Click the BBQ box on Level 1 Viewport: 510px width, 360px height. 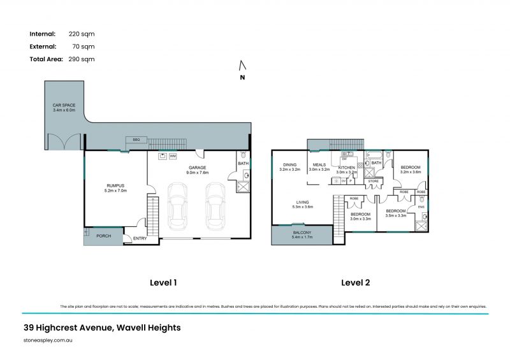click(x=136, y=140)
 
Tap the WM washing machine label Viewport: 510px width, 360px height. click(x=173, y=156)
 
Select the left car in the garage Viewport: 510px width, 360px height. click(x=177, y=206)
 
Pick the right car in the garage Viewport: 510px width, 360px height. click(x=215, y=206)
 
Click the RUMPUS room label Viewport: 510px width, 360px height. click(x=116, y=186)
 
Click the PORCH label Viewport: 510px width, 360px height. click(x=103, y=236)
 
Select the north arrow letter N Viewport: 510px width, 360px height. click(x=242, y=78)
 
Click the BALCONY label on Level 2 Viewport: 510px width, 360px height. click(x=302, y=233)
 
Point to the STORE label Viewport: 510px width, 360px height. click(x=373, y=181)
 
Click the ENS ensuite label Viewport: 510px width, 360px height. click(x=421, y=206)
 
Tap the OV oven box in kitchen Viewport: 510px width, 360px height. click(x=344, y=181)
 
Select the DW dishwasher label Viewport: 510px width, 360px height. click(x=344, y=159)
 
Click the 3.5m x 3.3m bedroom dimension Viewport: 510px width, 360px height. click(x=396, y=215)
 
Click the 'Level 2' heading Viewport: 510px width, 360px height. click(x=356, y=282)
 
